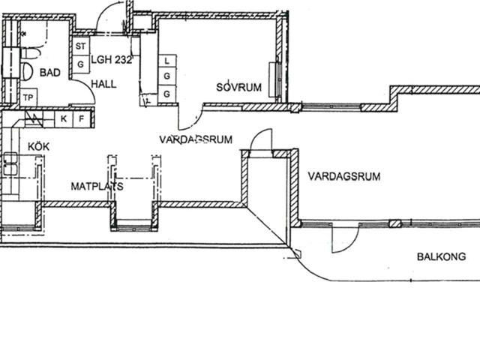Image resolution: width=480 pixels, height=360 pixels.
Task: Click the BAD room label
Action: click(x=50, y=73)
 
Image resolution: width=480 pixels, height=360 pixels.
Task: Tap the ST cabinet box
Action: click(x=81, y=46)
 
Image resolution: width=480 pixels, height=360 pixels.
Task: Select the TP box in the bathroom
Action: click(x=28, y=97)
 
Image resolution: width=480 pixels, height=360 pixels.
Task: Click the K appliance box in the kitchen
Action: click(x=64, y=118)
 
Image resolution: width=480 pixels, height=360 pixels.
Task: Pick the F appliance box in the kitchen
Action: click(x=82, y=118)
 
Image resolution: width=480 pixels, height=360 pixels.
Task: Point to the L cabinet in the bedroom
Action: click(x=167, y=61)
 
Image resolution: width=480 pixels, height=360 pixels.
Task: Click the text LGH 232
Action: click(x=112, y=60)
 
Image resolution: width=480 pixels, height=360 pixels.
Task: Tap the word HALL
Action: click(x=103, y=84)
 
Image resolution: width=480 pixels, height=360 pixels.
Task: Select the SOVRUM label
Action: click(x=238, y=87)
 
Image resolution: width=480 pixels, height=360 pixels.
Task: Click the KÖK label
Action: click(x=38, y=146)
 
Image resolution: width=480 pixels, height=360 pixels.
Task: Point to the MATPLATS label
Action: click(x=97, y=186)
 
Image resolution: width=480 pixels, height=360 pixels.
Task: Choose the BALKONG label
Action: click(x=442, y=256)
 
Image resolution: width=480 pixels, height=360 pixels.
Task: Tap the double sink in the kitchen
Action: click(x=10, y=165)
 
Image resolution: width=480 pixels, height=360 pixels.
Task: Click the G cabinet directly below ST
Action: click(x=81, y=64)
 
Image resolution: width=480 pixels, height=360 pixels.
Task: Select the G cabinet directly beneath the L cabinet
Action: click(x=167, y=76)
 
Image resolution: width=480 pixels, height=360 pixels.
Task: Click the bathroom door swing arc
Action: click(x=88, y=87)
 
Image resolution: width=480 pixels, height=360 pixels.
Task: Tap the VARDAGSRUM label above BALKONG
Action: click(x=344, y=177)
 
